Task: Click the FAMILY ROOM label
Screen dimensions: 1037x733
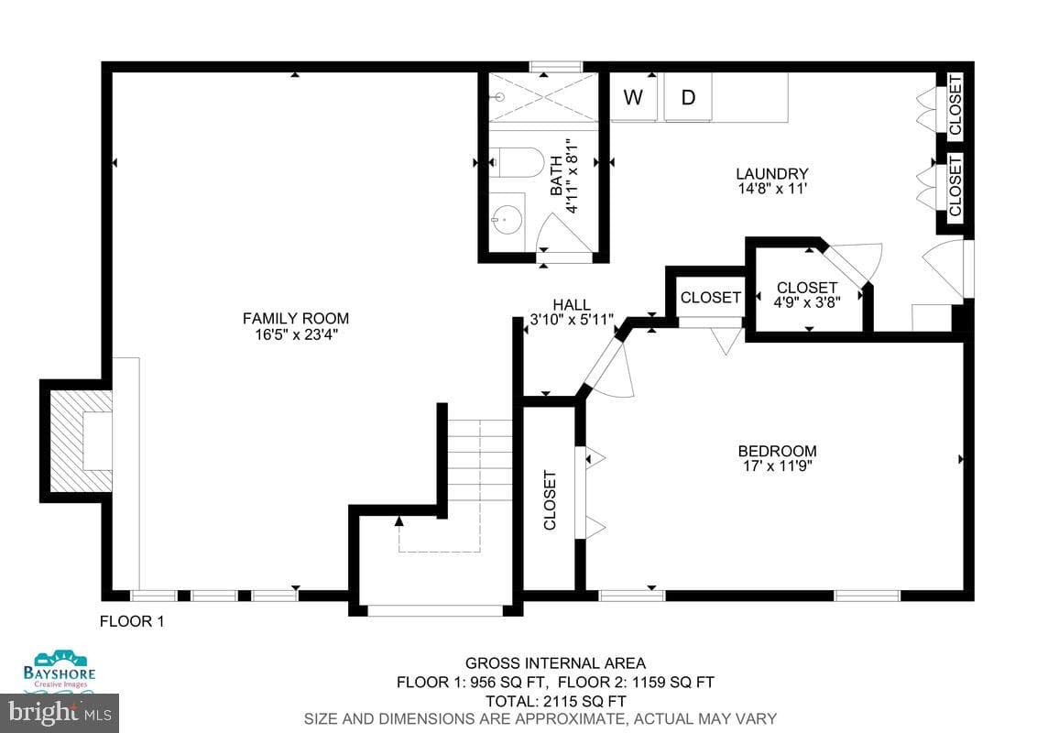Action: [x=296, y=318]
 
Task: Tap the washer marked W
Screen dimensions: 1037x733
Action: [x=634, y=97]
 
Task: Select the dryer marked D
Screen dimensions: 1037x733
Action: [x=688, y=97]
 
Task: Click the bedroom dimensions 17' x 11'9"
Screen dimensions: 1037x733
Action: [x=777, y=465]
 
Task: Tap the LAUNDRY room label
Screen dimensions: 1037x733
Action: [x=772, y=173]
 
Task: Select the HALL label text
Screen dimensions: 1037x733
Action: [x=572, y=305]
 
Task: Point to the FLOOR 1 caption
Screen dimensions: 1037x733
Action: [x=132, y=621]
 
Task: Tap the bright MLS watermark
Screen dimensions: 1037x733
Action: [x=60, y=713]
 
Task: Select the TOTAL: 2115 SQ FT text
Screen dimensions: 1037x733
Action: [x=555, y=701]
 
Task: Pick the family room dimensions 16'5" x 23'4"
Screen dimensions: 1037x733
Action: [x=296, y=334]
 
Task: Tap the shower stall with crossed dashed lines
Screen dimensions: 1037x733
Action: [x=543, y=97]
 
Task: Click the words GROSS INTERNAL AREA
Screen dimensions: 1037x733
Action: [x=555, y=662]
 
